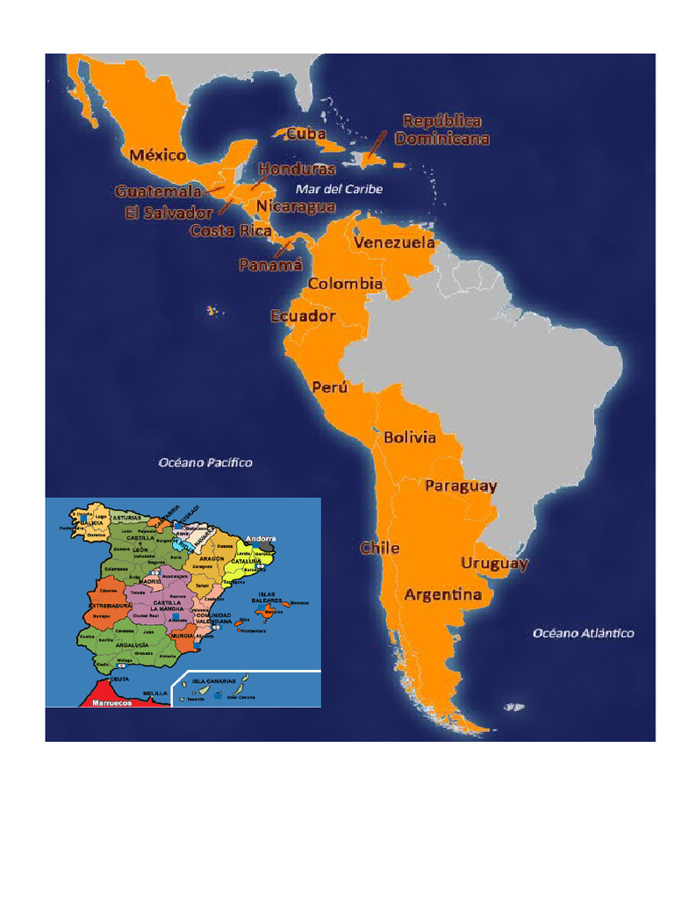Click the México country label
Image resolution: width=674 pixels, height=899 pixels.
tap(158, 155)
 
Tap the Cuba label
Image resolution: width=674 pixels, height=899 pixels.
tap(306, 134)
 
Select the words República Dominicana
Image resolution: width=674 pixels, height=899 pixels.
tap(441, 129)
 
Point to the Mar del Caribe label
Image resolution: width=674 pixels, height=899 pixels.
tap(339, 189)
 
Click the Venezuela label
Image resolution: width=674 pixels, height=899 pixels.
tap(394, 242)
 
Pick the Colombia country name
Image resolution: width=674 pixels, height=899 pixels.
tap(345, 284)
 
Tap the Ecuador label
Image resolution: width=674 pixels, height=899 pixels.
tap(303, 315)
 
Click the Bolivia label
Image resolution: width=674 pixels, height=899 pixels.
tap(409, 437)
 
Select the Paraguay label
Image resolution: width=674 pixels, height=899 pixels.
tap(461, 485)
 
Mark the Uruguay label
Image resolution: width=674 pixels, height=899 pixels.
tap(495, 563)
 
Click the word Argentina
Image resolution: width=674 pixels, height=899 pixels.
tap(442, 594)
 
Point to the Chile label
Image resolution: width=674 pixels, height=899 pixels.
tap(380, 548)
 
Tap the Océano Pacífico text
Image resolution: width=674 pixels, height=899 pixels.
tap(204, 462)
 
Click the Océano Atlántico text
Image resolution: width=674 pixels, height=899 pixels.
tap(584, 632)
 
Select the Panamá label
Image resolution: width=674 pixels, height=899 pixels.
tap(270, 263)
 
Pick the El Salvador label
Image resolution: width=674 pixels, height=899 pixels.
tap(168, 212)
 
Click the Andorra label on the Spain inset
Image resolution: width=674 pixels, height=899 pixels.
tap(262, 538)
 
